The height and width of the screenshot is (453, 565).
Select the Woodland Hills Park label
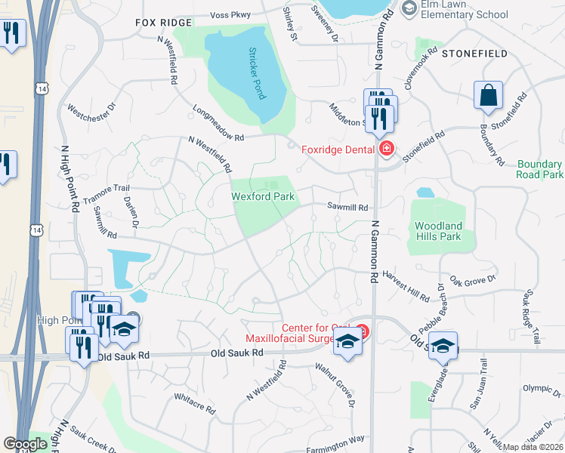[439, 231]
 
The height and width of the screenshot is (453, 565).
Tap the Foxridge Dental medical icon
[386, 149]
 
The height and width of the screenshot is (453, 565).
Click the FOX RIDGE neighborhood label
[164, 23]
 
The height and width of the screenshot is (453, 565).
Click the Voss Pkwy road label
[231, 14]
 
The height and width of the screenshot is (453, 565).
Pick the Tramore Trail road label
[107, 188]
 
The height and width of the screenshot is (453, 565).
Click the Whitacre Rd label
[194, 403]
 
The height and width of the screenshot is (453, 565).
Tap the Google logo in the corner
[25, 443]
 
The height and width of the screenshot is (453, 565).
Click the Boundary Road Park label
[540, 169]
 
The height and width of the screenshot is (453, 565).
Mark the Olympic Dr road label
[542, 389]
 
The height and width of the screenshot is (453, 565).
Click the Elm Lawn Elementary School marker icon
[409, 8]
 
